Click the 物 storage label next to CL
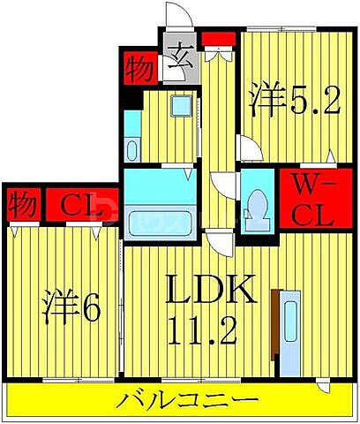pyautogui.click(x=23, y=207)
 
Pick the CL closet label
pyautogui.click(x=79, y=207)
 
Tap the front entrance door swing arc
pyautogui.click(x=177, y=19)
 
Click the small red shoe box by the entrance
pyautogui.click(x=215, y=38)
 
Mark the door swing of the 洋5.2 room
pyautogui.click(x=250, y=150)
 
